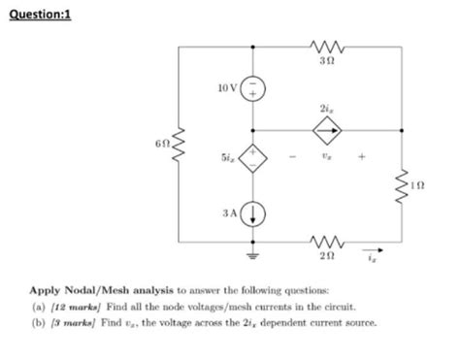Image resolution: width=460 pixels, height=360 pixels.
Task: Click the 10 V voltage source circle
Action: pyautogui.click(x=254, y=88)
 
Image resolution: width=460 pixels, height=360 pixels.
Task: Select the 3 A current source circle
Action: pyautogui.click(x=254, y=215)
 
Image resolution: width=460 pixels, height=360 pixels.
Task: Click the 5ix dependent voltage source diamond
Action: pyautogui.click(x=254, y=158)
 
